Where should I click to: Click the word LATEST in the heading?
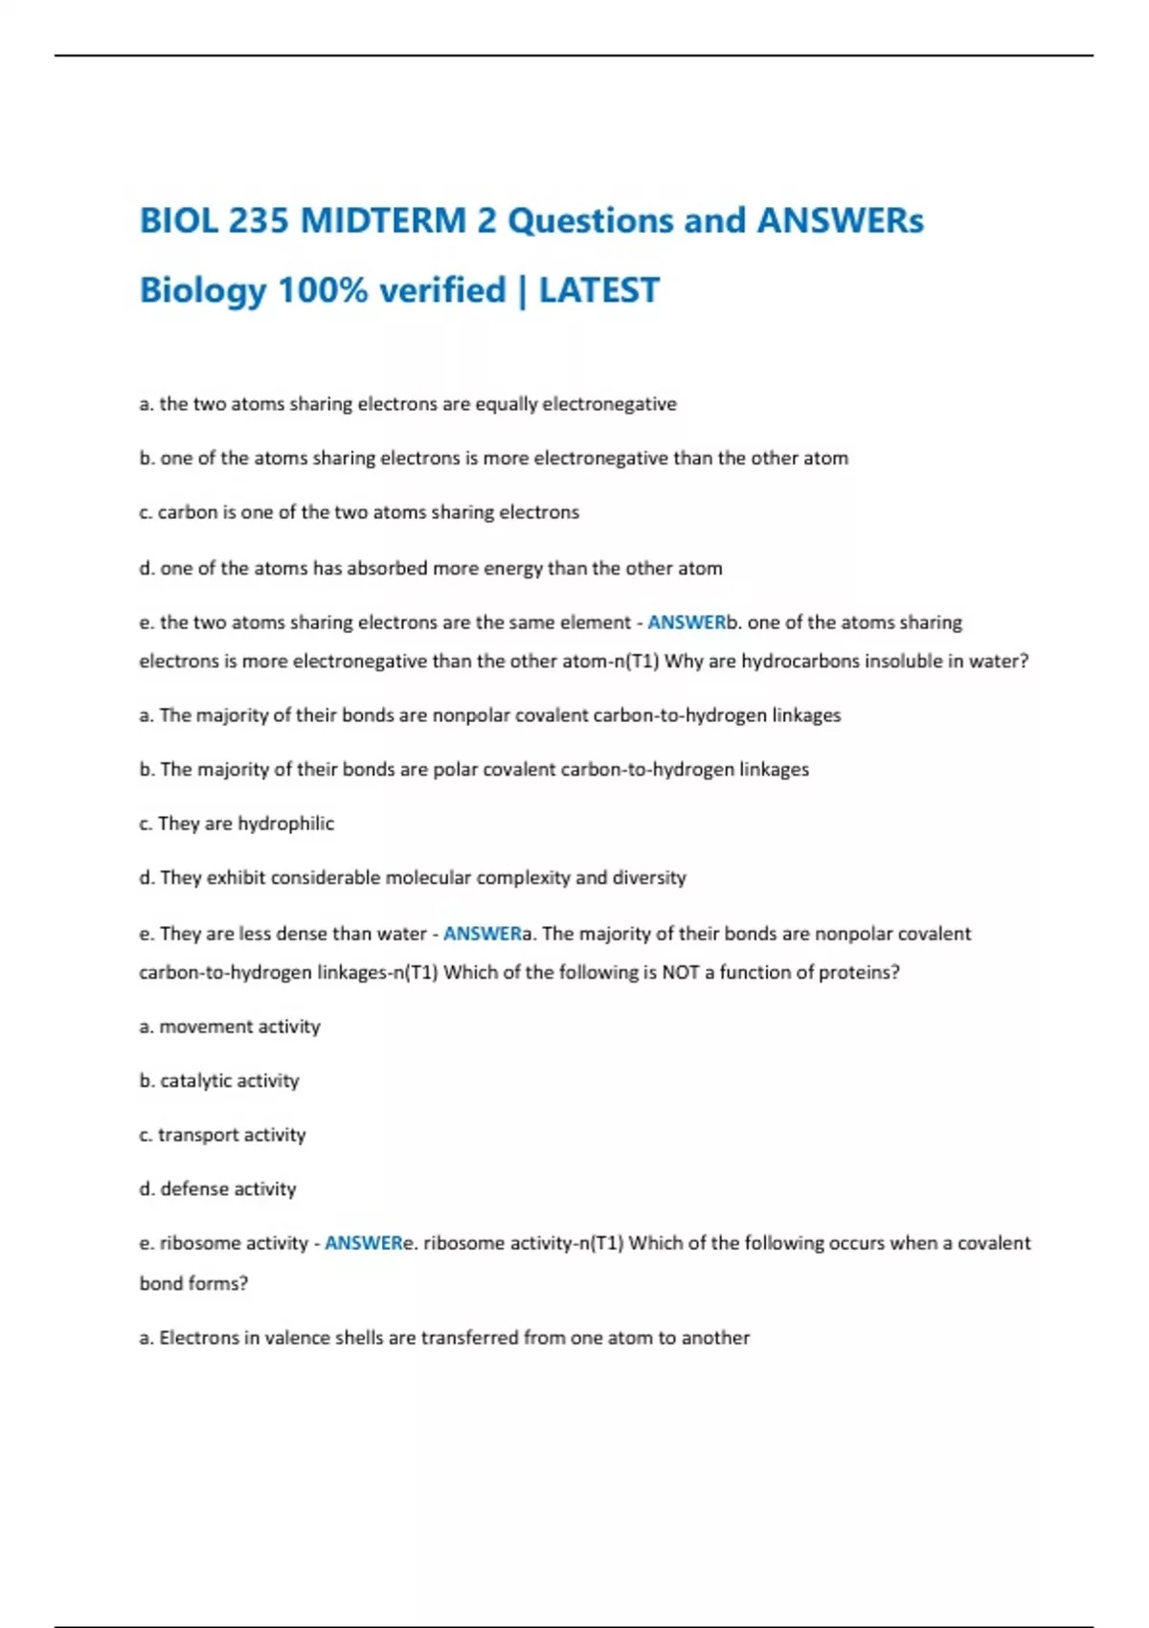599,290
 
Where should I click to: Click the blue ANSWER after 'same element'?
687,622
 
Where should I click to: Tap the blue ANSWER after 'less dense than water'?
482,934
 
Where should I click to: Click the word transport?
196,1135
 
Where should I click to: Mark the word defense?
193,1188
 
